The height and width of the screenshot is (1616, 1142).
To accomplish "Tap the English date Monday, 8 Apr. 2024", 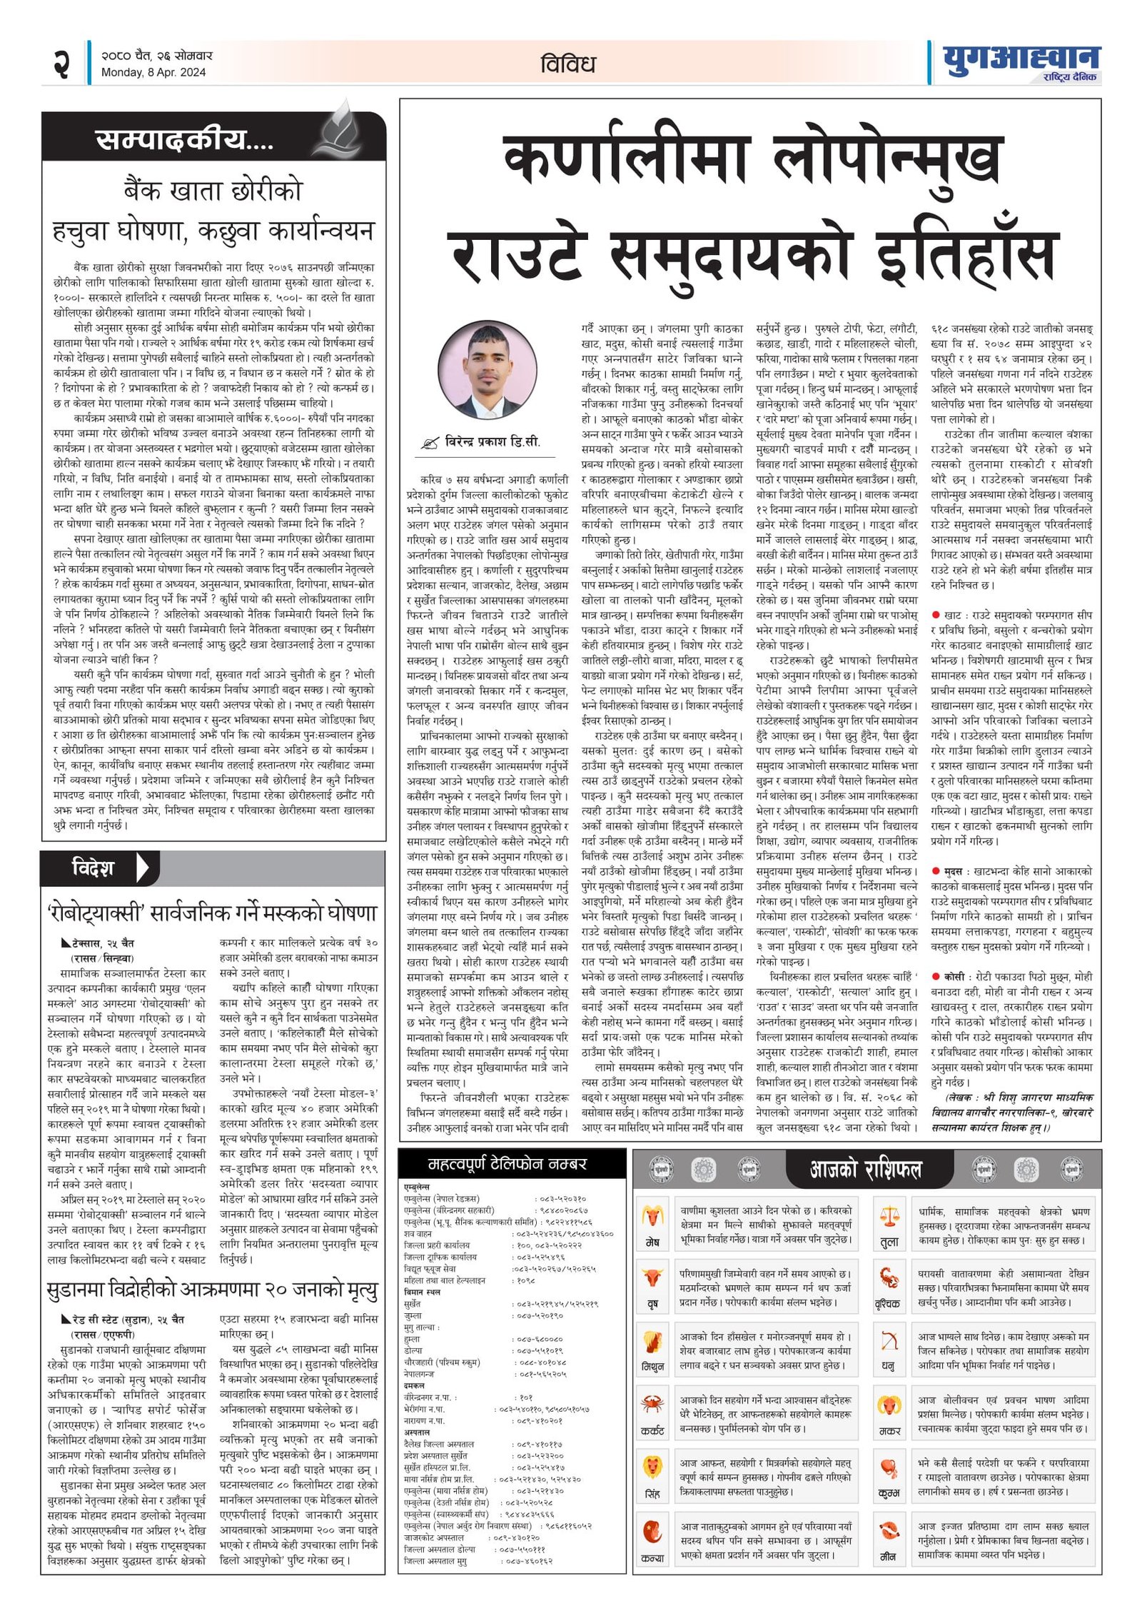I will (x=153, y=72).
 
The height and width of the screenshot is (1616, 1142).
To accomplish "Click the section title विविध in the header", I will (x=567, y=64).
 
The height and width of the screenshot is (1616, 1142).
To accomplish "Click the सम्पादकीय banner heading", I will (x=184, y=139).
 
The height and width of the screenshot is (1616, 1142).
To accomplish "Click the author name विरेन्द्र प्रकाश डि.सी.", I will (x=492, y=442).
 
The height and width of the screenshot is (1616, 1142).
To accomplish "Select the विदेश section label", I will (x=93, y=868).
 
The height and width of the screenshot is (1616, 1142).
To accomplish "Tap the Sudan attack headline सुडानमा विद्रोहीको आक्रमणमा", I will (x=212, y=1290).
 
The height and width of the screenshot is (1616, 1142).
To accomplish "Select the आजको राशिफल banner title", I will (x=866, y=1169).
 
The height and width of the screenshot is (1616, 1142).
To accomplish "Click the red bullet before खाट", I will (x=936, y=615).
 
